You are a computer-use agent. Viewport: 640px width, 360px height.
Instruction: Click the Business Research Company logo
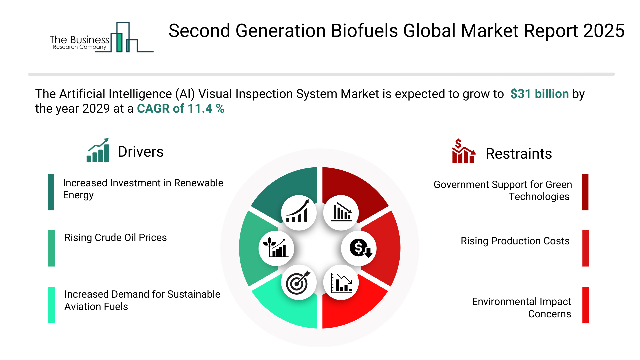102,37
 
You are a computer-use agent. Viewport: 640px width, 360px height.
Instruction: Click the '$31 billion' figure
539,94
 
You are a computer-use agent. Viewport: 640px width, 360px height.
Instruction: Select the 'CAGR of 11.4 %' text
181,109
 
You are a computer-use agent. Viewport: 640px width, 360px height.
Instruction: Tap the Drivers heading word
141,152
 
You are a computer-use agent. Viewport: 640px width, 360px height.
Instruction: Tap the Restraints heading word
519,154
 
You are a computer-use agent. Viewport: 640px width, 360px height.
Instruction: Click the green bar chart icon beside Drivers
98,150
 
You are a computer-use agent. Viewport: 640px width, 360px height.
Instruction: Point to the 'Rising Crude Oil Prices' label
115,238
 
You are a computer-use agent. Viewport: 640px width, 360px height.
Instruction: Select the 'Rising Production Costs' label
515,241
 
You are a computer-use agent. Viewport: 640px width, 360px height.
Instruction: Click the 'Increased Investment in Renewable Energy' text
143,189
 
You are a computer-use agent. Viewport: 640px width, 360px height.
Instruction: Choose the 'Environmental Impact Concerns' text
521,308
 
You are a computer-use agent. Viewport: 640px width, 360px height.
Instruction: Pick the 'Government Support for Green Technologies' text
503,191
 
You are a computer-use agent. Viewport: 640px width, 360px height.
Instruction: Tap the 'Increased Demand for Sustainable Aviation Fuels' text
142,300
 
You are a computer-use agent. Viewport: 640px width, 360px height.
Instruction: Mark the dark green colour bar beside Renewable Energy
51,192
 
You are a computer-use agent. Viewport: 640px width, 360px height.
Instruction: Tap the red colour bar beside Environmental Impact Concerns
585,305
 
